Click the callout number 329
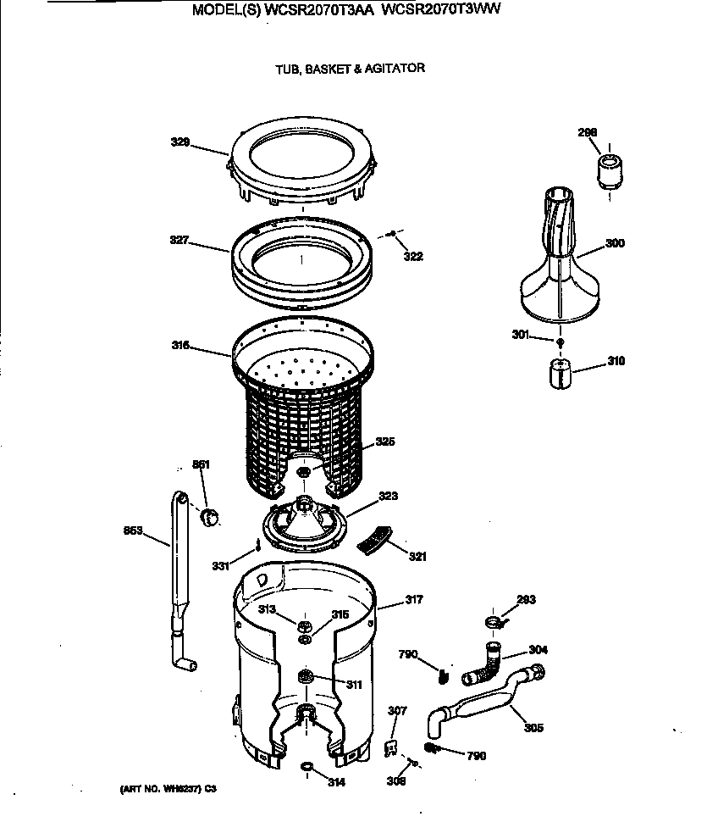(180, 142)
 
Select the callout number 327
(179, 241)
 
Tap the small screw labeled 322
(393, 235)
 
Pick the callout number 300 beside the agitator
(615, 243)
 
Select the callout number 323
(388, 496)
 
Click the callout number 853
(133, 531)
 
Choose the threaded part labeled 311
(306, 675)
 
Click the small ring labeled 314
(307, 767)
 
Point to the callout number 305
(533, 728)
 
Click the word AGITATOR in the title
(395, 69)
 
